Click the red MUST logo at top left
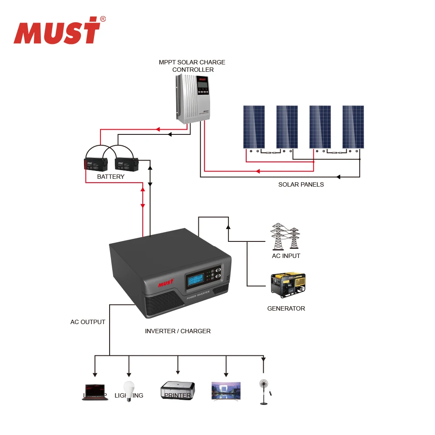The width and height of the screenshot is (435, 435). tap(57, 31)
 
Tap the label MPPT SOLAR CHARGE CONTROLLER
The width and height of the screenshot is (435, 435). tap(192, 66)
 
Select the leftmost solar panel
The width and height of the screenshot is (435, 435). tap(254, 127)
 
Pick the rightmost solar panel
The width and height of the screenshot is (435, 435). tap(353, 127)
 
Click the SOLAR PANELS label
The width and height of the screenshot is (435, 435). tap(301, 184)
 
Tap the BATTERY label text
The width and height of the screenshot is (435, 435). tap(110, 177)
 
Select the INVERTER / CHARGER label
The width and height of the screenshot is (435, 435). tap(177, 331)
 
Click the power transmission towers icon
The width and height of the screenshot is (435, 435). tap(286, 237)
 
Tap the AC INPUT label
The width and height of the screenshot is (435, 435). tap(286, 256)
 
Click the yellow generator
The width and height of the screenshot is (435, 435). tap(288, 285)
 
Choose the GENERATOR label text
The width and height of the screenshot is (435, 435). tap(286, 308)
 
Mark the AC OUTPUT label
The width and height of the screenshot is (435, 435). tap(88, 322)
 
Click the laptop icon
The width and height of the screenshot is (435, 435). tap(95, 391)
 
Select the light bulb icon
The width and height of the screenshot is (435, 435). tap(128, 390)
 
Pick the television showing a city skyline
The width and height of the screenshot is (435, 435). tap(226, 391)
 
